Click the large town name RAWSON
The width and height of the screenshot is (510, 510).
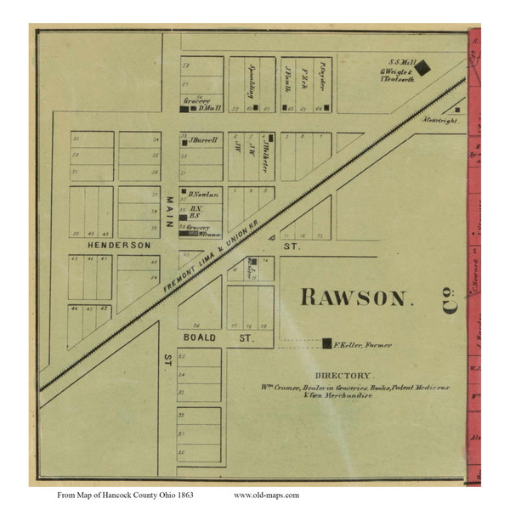point(356,297)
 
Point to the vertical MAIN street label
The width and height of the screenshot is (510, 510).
point(168,209)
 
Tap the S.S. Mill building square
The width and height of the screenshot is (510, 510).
point(422,65)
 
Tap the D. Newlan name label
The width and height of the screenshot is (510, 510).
point(204,195)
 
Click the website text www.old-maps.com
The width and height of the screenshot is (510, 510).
point(265,494)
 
